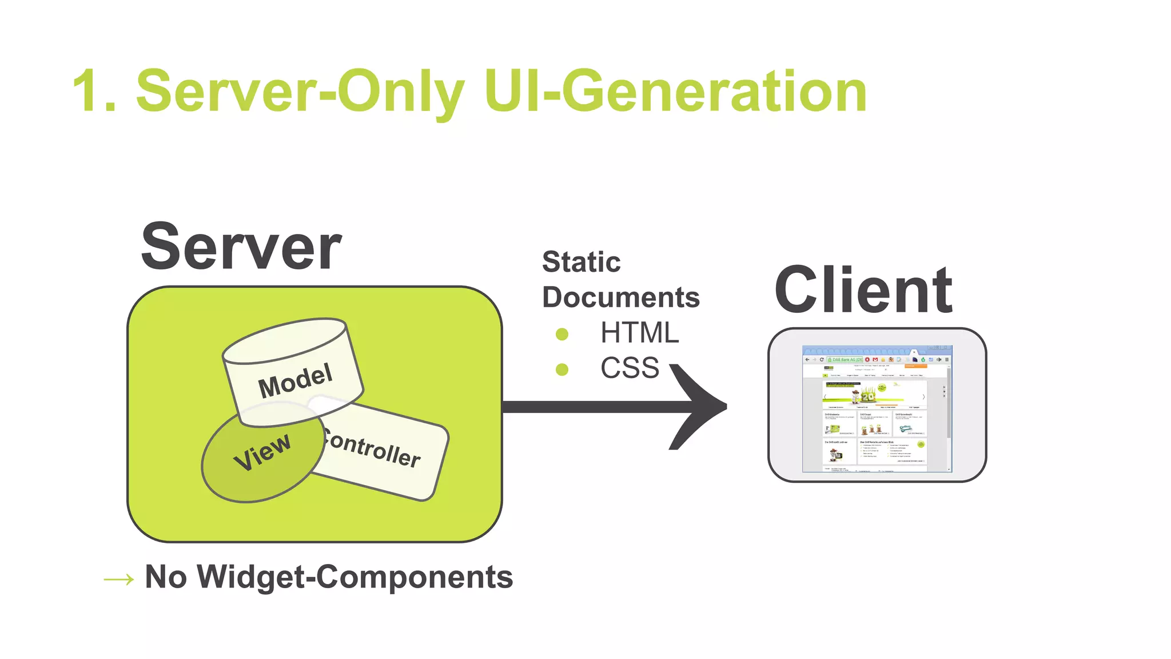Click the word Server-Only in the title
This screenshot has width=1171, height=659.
click(x=300, y=92)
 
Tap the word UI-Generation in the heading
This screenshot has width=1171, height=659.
click(x=675, y=92)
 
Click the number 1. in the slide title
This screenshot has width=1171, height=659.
click(x=94, y=92)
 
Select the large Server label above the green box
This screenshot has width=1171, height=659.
click(x=241, y=247)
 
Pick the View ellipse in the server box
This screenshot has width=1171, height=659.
click(x=260, y=458)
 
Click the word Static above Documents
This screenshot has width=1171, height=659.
click(x=581, y=262)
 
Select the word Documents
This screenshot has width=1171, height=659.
click(x=620, y=297)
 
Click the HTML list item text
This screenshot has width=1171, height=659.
click(x=639, y=333)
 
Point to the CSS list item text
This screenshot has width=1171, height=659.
click(x=630, y=368)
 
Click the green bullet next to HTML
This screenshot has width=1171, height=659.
click(x=562, y=334)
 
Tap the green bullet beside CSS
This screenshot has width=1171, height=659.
click(x=562, y=370)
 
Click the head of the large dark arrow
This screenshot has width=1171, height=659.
click(x=700, y=407)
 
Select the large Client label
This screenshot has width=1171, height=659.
click(x=863, y=291)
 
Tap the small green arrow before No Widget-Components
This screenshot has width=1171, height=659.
click(x=119, y=579)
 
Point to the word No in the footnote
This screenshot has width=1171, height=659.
click(x=166, y=577)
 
